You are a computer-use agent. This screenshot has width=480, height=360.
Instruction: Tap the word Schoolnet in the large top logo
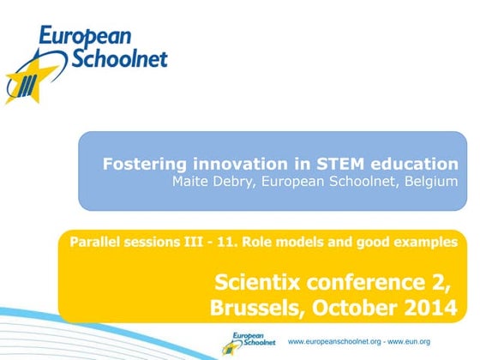click(120, 58)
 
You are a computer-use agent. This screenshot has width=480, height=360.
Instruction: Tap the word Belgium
click(429, 182)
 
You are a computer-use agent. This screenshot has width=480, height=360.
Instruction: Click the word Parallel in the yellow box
click(95, 243)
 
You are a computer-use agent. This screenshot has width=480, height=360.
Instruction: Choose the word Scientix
click(254, 281)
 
